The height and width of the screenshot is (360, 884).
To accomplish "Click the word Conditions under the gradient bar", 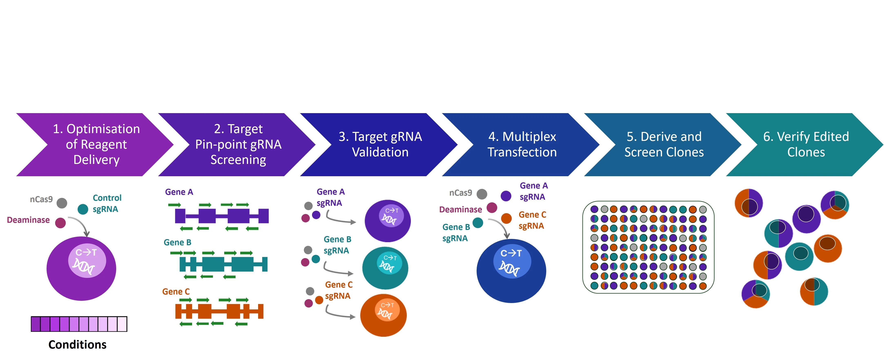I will (x=78, y=344).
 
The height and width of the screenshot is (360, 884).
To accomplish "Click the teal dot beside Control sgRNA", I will (x=83, y=209).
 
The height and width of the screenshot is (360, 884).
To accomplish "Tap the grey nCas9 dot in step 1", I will (x=62, y=203).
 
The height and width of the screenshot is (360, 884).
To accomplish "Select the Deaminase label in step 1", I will (x=28, y=220).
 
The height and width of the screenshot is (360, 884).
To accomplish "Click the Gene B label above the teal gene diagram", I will (x=177, y=242).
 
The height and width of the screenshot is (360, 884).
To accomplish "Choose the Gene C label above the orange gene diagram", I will (x=176, y=291).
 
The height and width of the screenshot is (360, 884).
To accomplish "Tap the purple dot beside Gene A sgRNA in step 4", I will (x=506, y=196).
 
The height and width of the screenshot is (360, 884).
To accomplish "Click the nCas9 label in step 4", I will (x=460, y=193).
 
